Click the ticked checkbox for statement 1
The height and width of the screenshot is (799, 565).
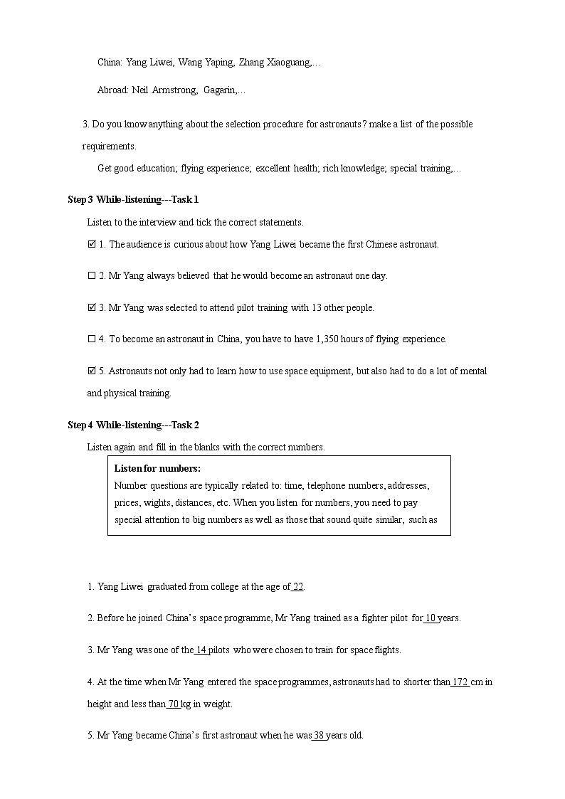tap(91, 244)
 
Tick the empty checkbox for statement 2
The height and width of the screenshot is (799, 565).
tap(91, 275)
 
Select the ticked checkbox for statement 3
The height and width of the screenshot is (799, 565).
tap(91, 307)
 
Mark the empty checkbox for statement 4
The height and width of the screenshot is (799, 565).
tap(91, 339)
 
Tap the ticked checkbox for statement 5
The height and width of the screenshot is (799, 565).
tap(91, 371)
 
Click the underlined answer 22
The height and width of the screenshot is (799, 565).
tap(298, 587)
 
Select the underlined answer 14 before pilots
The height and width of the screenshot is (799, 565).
tap(201, 650)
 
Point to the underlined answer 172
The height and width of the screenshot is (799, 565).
tap(460, 682)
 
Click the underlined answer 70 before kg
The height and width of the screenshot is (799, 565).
tap(173, 704)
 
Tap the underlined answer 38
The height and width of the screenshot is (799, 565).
tap(319, 735)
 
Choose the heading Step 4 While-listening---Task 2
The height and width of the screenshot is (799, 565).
tap(133, 425)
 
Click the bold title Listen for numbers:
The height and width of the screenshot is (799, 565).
tap(157, 468)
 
